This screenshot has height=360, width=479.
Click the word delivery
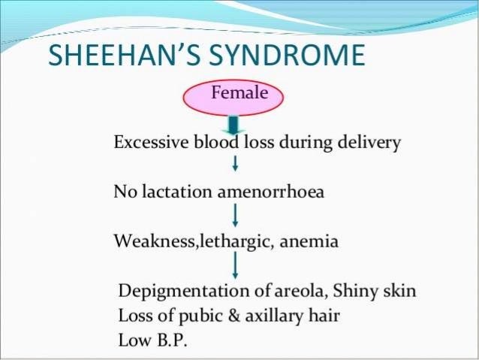click(x=373, y=143)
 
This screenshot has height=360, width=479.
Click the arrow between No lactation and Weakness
click(x=236, y=215)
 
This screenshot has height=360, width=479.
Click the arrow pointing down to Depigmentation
click(x=236, y=265)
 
